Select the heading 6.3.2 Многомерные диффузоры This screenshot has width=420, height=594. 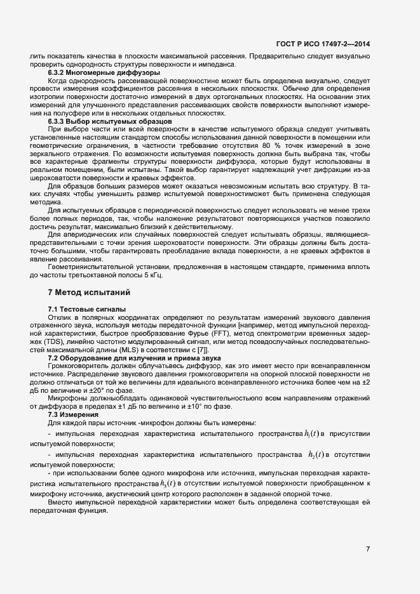click(104, 74)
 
